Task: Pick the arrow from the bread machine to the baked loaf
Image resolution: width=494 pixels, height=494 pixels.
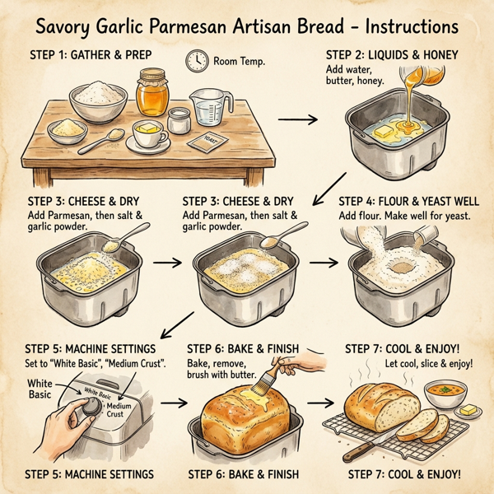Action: point(172,403)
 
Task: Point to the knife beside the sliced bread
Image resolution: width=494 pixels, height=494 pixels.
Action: point(362,451)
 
